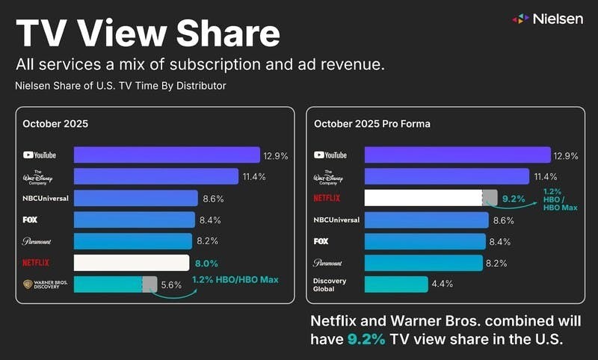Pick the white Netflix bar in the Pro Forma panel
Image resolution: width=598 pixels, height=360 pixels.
(423, 198)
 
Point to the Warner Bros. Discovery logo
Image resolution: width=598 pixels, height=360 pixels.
(43, 285)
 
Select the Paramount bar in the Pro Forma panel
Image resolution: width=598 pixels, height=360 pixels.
(423, 263)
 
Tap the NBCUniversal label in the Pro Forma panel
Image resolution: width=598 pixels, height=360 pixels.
(337, 220)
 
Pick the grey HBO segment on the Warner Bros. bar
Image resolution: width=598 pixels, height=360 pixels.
(149, 285)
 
